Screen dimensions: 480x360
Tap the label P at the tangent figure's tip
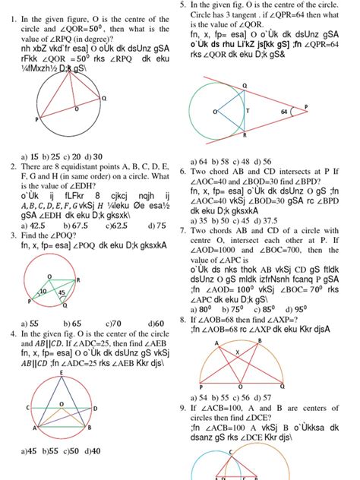pos(348,106)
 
